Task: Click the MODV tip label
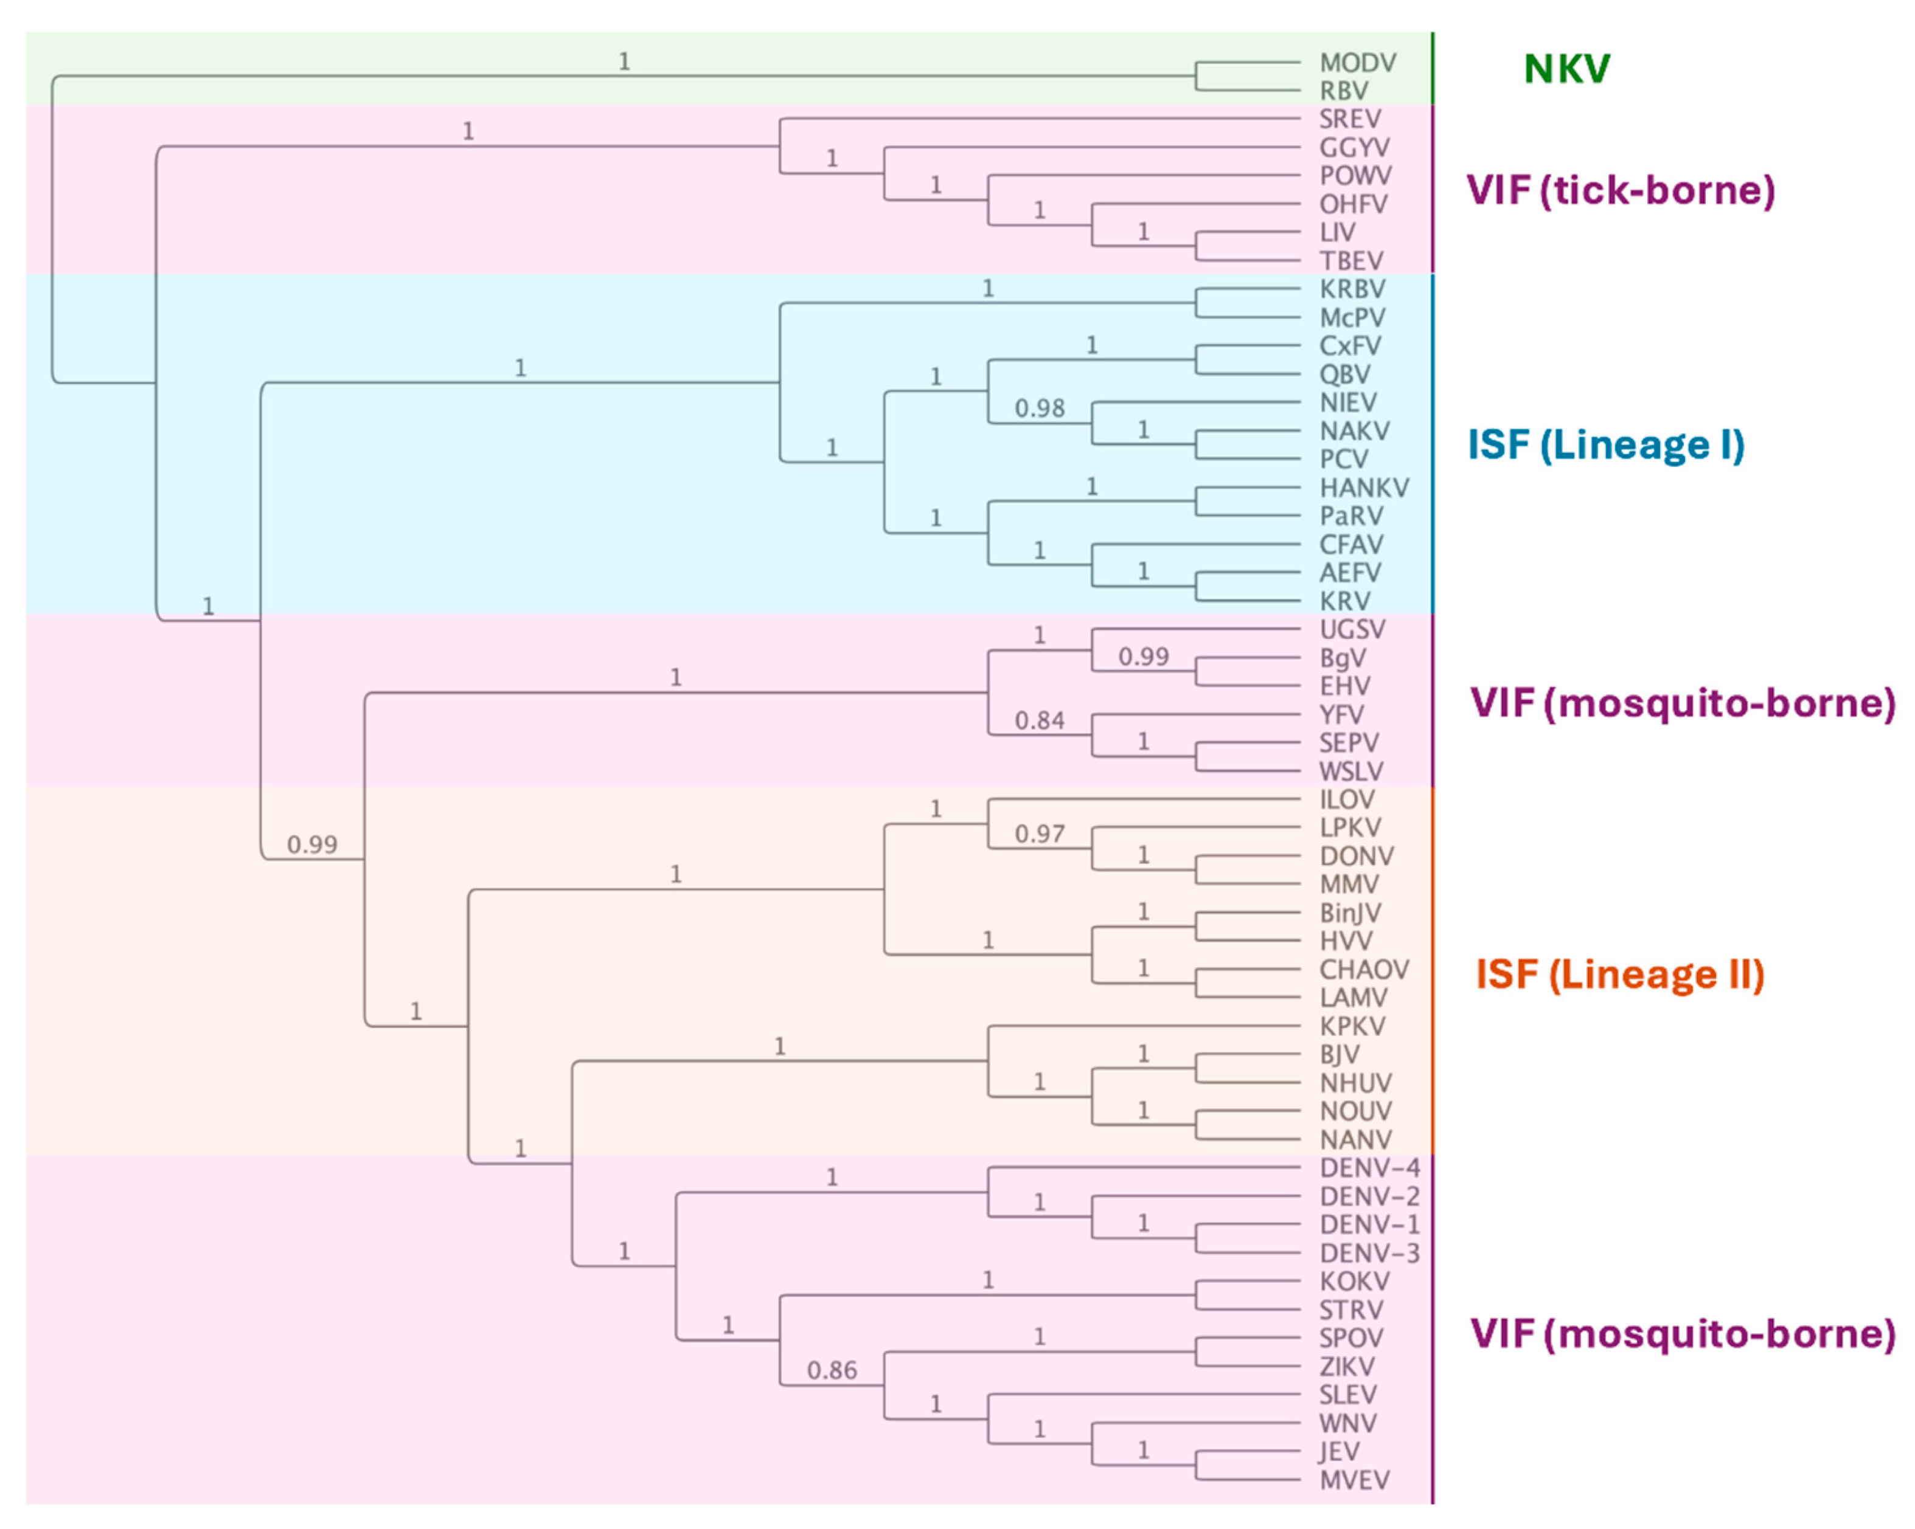tap(1357, 63)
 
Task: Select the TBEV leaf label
tap(1351, 261)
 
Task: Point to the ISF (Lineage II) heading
tap(1619, 975)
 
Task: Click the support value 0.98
tap(1039, 409)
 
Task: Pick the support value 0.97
tap(1039, 834)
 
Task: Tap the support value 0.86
tap(832, 1371)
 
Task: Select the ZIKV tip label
tap(1347, 1367)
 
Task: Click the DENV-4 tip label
tap(1369, 1168)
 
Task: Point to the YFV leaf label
tap(1341, 715)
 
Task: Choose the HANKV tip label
tap(1363, 488)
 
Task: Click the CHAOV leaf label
tap(1363, 970)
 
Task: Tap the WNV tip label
tap(1347, 1423)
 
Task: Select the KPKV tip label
tap(1352, 1026)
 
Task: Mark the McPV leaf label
tap(1352, 318)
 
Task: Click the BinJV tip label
tap(1350, 913)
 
